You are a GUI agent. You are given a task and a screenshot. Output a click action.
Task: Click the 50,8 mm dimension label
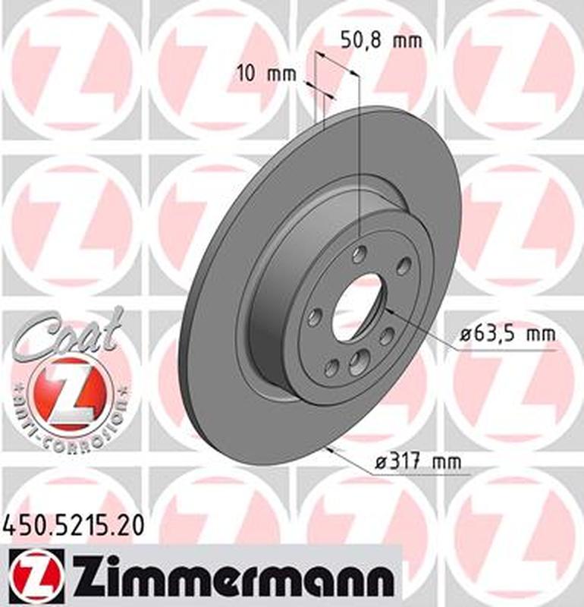tap(380, 41)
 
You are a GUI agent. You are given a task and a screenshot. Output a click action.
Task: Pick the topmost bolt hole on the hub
tap(360, 254)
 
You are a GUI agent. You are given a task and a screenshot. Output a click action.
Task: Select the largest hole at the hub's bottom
tap(356, 365)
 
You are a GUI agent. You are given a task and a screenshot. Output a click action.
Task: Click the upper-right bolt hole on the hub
tap(404, 266)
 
